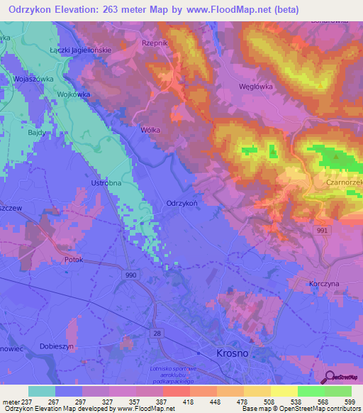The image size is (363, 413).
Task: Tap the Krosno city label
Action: pyautogui.click(x=232, y=353)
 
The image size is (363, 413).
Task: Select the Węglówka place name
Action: pyautogui.click(x=253, y=87)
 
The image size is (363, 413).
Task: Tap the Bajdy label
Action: pyautogui.click(x=38, y=133)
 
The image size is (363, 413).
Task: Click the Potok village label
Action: pyautogui.click(x=74, y=260)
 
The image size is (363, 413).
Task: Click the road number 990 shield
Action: pyautogui.click(x=129, y=275)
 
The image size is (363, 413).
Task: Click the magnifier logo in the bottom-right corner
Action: pyautogui.click(x=330, y=378)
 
